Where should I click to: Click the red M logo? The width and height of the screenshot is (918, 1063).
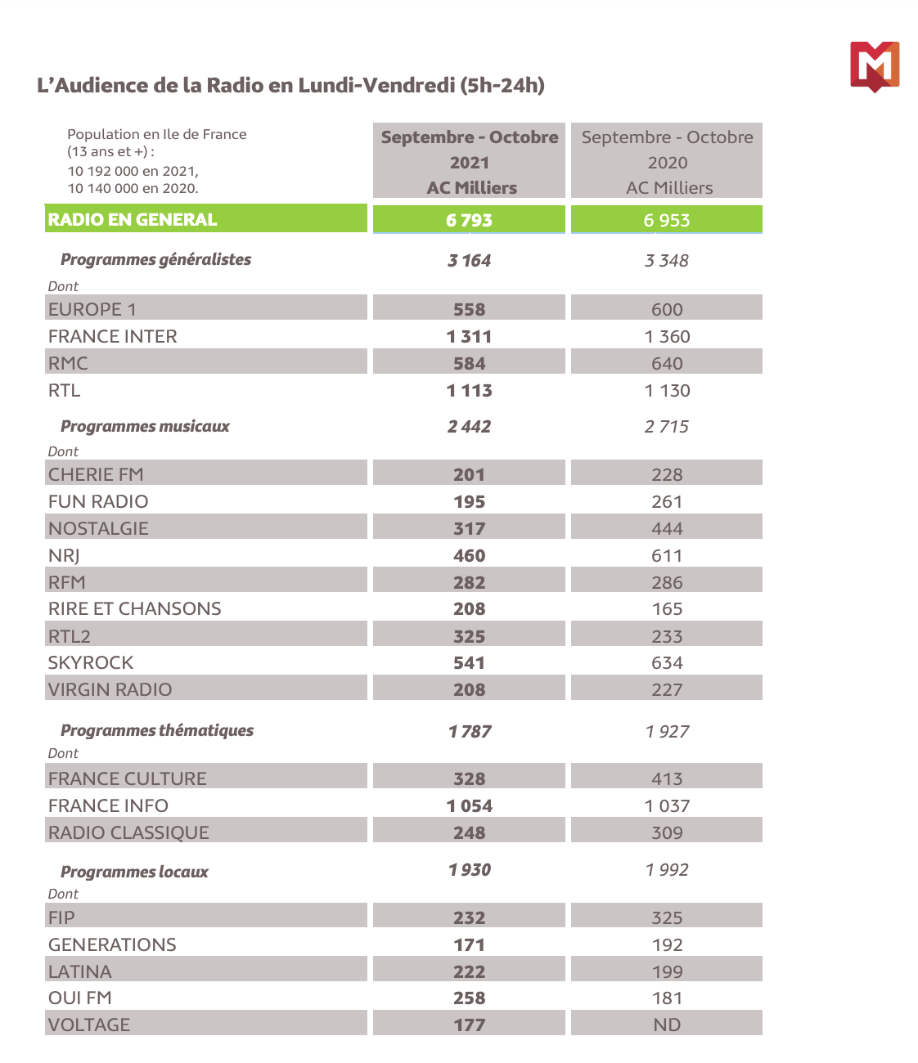(874, 65)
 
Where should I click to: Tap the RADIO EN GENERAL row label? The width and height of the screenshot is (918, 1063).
(133, 219)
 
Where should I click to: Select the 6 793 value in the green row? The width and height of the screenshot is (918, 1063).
(469, 220)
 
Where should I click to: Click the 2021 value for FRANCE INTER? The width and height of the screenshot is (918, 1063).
(469, 336)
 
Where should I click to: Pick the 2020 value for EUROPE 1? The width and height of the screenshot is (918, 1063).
(667, 309)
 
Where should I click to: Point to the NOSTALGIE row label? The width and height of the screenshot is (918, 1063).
(98, 528)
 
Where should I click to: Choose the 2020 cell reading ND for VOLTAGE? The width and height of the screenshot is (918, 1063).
(667, 1025)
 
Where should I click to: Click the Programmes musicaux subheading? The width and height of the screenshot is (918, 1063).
(145, 426)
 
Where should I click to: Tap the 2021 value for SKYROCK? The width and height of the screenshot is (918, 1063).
(469, 662)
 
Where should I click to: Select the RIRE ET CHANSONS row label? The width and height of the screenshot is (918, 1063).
(135, 608)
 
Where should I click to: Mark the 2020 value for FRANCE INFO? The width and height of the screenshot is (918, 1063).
(667, 805)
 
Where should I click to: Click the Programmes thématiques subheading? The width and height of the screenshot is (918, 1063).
(157, 730)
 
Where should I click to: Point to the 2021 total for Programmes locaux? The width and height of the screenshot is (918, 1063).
(469, 869)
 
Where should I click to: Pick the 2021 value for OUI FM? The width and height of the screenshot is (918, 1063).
(469, 998)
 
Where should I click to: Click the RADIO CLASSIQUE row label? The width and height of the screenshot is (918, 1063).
(128, 832)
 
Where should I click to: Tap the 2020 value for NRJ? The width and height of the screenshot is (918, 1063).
(667, 555)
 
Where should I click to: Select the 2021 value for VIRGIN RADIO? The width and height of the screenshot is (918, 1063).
(469, 689)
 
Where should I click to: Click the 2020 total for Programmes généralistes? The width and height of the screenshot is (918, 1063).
(667, 260)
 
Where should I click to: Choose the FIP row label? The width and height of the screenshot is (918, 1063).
(61, 917)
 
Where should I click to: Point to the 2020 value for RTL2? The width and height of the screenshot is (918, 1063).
(667, 636)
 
